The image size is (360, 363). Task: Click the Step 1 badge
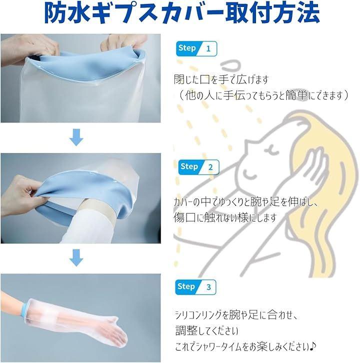coord(196,48)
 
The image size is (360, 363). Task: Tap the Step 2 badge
coord(198,167)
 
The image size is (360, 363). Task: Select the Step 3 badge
coord(195,287)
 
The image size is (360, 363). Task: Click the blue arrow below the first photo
coord(76,137)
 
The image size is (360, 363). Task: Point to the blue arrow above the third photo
coord(76,257)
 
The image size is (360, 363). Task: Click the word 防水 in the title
coord(67,12)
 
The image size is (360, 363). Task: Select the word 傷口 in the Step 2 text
coord(185,217)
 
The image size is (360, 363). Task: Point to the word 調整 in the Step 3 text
coord(187,330)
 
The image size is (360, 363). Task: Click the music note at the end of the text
coord(312,346)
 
